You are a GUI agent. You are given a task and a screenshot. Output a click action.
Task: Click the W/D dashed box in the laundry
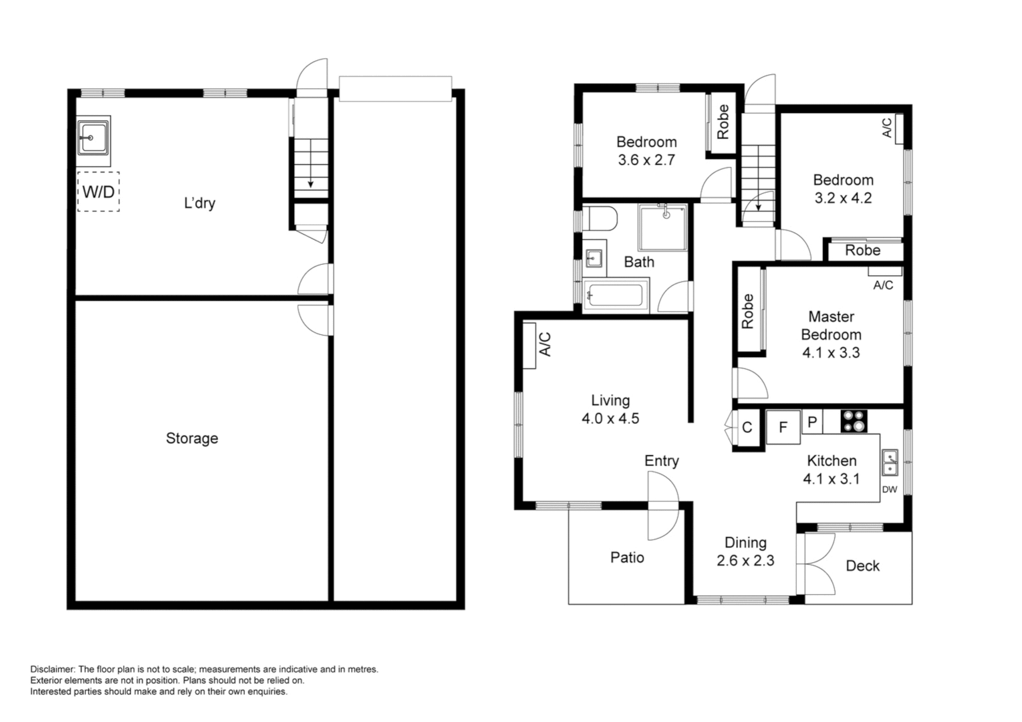[98, 192]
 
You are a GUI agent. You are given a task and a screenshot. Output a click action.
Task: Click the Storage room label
[192, 439]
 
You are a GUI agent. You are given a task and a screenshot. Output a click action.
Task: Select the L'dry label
[199, 203]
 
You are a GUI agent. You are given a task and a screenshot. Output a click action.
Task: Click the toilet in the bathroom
[600, 219]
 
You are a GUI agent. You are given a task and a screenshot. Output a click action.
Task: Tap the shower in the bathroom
[662, 227]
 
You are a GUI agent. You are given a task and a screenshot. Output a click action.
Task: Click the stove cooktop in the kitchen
[854, 421]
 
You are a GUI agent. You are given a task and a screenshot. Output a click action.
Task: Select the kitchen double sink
[890, 463]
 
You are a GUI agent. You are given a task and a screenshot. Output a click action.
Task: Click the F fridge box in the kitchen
[783, 427]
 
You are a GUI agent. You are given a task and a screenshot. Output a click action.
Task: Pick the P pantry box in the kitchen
[812, 422]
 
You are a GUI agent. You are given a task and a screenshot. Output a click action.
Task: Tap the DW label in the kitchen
[889, 489]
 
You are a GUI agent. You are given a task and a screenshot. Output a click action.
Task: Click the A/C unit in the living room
[530, 345]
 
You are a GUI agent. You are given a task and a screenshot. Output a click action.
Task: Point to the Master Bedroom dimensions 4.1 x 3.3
[831, 353]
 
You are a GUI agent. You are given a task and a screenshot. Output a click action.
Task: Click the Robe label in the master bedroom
[748, 311]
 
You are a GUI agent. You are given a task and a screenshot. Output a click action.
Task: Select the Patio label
[627, 558]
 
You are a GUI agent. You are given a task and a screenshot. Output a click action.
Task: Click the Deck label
[862, 566]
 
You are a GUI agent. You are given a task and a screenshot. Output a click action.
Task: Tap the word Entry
[661, 461]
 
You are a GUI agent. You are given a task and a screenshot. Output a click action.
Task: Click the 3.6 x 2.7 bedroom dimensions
[646, 160]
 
